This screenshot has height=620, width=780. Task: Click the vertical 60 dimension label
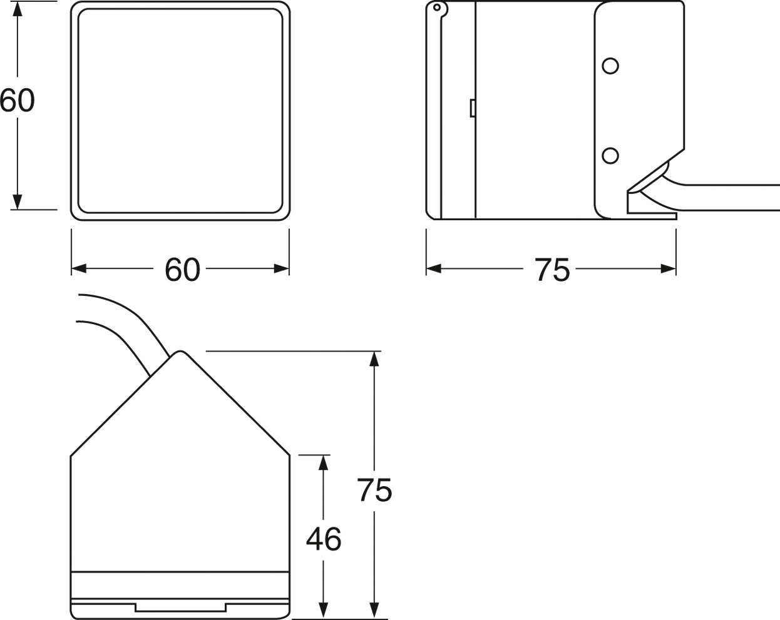[17, 100]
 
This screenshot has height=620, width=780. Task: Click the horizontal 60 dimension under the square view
[182, 269]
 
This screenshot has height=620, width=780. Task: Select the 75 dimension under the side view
[552, 269]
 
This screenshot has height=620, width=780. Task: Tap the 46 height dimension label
[324, 539]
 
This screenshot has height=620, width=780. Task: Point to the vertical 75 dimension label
[374, 490]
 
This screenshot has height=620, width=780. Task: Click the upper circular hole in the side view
[610, 66]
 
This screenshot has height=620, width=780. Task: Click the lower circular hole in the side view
[610, 156]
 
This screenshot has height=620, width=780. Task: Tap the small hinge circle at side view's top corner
[437, 8]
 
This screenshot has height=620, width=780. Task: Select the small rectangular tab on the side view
[473, 108]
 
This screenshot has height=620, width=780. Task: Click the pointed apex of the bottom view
[179, 351]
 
